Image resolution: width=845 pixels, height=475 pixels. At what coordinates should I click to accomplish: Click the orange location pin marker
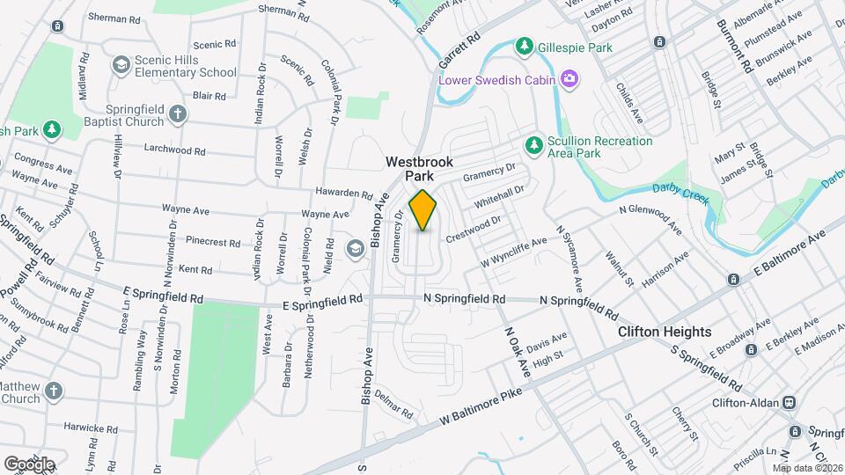pos(423,210)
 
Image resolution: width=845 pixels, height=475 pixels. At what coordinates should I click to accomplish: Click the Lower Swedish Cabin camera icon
pos(569,81)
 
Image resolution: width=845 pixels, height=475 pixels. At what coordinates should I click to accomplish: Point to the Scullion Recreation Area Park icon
pos(533,143)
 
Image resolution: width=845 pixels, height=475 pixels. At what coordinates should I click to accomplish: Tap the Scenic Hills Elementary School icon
pos(121,65)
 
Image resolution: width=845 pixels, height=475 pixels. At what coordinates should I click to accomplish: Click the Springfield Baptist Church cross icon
pos(178,113)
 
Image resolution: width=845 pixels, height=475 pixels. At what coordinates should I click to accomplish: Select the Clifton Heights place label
pos(665,332)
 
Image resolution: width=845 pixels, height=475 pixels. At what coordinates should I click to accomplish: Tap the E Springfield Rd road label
pos(323,299)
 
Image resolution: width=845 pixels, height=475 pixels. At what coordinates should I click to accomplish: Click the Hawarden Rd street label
pos(344,193)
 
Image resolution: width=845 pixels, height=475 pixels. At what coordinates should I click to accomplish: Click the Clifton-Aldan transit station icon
pos(790,402)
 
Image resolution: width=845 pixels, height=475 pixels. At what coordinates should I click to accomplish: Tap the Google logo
pos(29,464)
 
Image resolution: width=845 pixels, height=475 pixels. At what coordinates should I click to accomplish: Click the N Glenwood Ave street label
pos(650,219)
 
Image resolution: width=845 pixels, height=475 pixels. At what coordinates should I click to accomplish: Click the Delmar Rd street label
pos(393,405)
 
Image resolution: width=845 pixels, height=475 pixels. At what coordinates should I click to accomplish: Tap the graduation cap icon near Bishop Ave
pos(355,249)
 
